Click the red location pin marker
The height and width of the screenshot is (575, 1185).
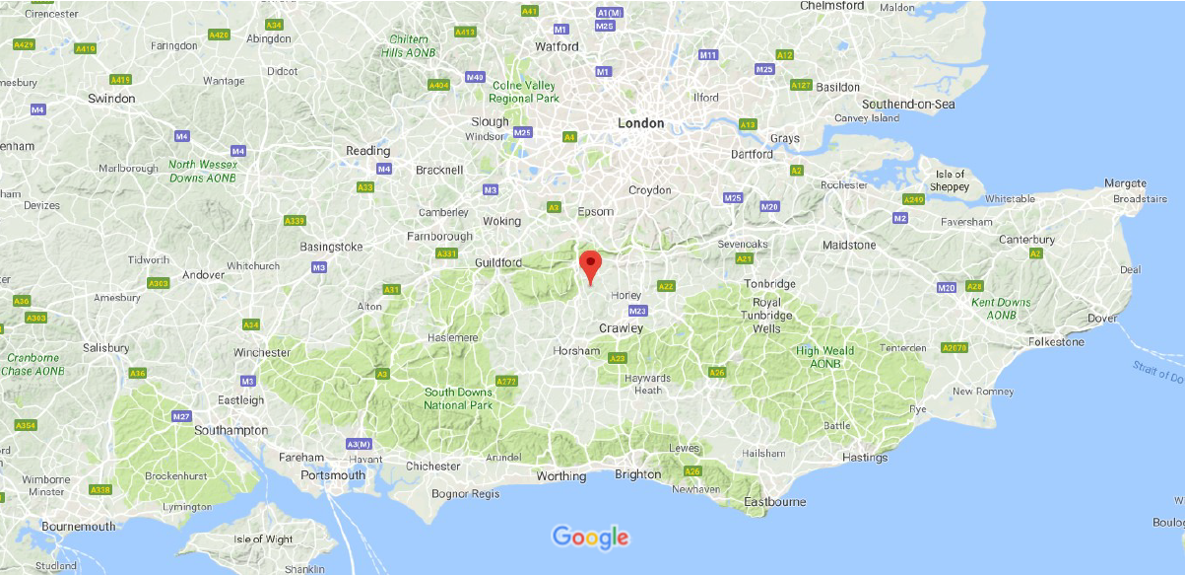pos(589,266)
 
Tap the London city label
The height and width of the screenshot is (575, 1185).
pos(640,123)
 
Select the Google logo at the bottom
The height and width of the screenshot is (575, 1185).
pos(590,537)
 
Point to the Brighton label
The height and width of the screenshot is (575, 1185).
pos(638,474)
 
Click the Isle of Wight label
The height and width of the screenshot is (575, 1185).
pos(263,539)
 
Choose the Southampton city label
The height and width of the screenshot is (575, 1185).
pos(231,430)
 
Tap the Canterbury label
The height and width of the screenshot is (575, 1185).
pos(1027,240)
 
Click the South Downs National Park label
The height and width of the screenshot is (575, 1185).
pos(458,398)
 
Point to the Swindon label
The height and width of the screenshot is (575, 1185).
pos(111,99)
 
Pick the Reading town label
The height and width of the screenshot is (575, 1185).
pos(367,151)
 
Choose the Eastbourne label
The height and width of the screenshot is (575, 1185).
pos(774,502)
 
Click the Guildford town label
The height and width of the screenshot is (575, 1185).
pos(497,263)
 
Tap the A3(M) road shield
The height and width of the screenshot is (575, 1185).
pos(358,444)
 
